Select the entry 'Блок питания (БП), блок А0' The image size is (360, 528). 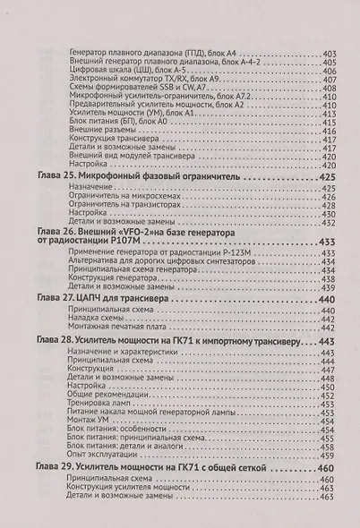(115, 123)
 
